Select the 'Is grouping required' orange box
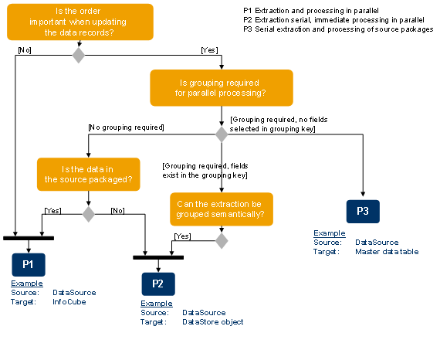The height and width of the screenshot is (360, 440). pos(222,87)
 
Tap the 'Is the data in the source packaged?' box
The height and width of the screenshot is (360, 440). pos(88,174)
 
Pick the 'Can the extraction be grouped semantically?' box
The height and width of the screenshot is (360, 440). pos(222,209)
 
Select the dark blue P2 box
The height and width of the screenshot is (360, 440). pos(157,284)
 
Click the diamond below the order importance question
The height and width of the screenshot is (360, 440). pos(78,55)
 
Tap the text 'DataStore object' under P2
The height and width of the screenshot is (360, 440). pos(212,322)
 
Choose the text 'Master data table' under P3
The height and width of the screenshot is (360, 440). pos(387,251)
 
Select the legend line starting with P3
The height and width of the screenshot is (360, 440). pos(337,29)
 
